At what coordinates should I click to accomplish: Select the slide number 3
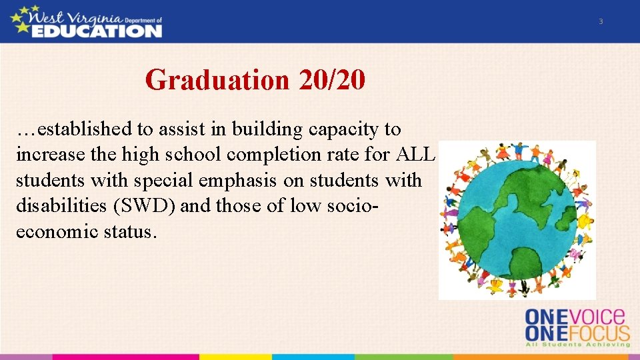click(x=600, y=22)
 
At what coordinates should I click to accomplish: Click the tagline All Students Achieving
click(x=577, y=344)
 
